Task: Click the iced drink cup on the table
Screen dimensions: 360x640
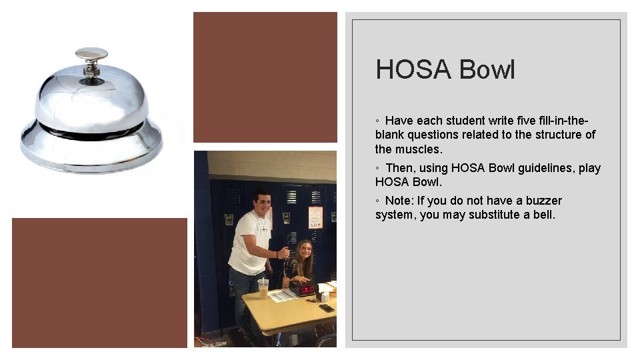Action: click(x=263, y=289)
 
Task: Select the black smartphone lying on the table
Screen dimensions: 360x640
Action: click(x=326, y=308)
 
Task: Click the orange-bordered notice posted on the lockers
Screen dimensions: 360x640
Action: click(x=315, y=216)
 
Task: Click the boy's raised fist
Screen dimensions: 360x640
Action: click(x=285, y=253)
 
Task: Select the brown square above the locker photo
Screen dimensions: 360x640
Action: click(x=265, y=77)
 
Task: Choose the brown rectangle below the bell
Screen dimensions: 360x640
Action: click(x=99, y=283)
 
